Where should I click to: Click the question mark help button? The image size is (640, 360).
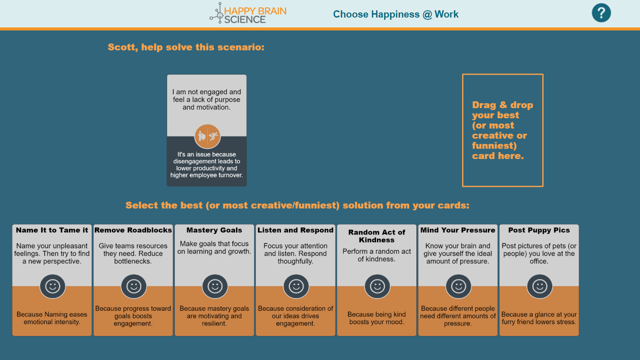click(601, 13)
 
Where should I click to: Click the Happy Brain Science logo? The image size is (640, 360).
click(248, 13)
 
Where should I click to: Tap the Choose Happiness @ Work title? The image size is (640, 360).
click(396, 14)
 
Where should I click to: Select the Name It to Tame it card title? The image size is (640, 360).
click(52, 230)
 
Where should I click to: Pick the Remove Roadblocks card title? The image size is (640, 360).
click(133, 230)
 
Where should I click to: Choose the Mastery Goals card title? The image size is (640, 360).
click(214, 230)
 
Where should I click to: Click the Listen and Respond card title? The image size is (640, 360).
click(296, 230)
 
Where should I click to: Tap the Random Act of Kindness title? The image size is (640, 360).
click(377, 236)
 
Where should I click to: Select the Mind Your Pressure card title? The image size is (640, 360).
click(458, 230)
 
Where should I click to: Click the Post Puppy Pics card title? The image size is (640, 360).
click(539, 230)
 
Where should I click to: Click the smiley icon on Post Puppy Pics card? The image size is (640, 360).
click(539, 286)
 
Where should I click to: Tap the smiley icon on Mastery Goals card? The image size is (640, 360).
click(215, 286)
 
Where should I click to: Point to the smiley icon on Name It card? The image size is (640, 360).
click(53, 286)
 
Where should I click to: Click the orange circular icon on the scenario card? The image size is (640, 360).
click(207, 136)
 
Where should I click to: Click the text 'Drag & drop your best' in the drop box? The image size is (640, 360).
click(502, 110)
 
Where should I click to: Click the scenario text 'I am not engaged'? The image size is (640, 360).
click(206, 92)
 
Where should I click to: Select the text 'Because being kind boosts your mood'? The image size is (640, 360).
click(377, 318)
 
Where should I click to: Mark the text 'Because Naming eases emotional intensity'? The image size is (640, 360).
click(52, 318)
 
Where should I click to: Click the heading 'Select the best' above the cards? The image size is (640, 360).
click(164, 205)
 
